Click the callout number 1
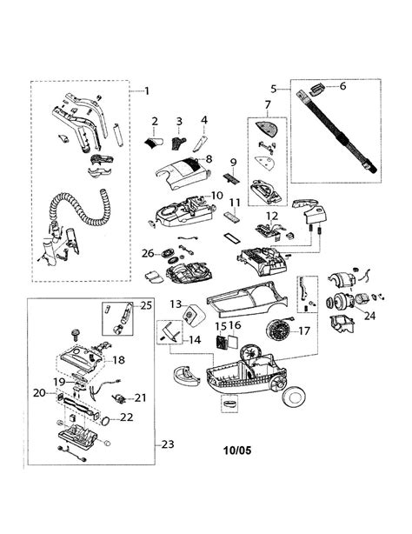tap(146, 90)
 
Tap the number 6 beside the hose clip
tap(342, 86)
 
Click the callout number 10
tap(217, 197)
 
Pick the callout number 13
tap(175, 304)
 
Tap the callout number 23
tap(166, 444)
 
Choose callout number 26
tap(148, 253)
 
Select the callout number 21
tap(141, 397)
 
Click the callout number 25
tap(145, 304)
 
